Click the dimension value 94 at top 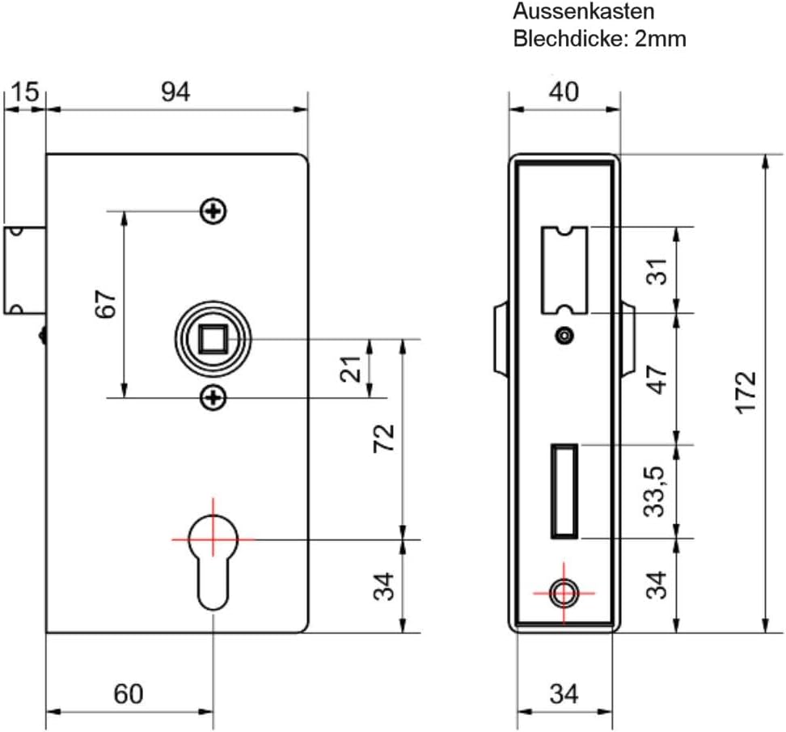175,92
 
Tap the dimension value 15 24,92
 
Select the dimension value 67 106,303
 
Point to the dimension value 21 350,369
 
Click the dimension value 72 384,438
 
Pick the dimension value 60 129,695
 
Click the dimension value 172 746,392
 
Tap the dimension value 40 564,92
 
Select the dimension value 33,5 654,491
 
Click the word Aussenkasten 584,11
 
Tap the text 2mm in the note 660,39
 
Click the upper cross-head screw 213,211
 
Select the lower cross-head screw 213,398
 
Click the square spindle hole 213,339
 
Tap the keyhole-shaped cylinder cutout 213,561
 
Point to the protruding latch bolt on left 25,271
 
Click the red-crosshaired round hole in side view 564,593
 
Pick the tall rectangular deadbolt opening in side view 564,491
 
